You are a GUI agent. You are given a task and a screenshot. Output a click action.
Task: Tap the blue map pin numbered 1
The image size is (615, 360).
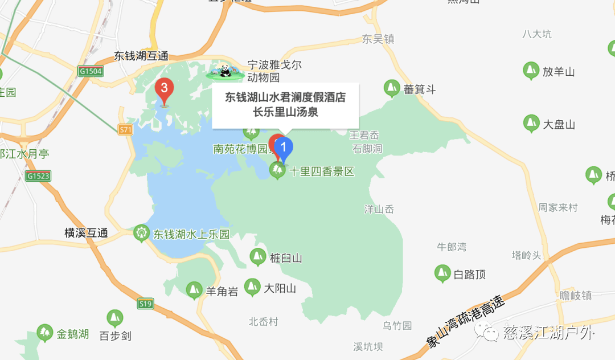(x=284, y=148)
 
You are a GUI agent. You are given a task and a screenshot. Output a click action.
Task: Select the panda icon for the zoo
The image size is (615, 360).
(x=225, y=71)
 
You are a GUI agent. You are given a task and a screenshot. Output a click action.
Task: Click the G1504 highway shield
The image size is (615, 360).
(x=91, y=71)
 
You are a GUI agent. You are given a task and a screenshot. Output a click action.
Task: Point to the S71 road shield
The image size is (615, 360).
(x=126, y=130)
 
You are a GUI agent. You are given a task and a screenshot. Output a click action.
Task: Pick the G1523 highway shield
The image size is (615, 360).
(x=39, y=176)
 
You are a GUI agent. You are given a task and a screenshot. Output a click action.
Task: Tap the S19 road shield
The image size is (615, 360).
(x=146, y=304)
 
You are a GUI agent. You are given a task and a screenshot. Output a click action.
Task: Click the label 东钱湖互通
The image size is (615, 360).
(x=141, y=56)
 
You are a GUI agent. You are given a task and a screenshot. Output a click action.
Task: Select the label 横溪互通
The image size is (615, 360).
(x=86, y=233)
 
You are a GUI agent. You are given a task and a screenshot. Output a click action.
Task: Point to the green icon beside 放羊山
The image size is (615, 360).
(x=531, y=71)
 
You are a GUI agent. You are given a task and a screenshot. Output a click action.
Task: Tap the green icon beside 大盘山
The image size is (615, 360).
(x=531, y=124)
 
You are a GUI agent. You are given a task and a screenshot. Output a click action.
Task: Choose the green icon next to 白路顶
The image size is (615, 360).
(x=442, y=274)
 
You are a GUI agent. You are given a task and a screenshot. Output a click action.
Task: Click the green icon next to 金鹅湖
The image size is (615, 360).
(x=44, y=333)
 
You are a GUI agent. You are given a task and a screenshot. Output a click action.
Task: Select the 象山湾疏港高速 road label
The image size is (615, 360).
(x=465, y=322)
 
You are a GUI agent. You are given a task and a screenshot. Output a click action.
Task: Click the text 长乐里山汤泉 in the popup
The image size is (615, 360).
(x=285, y=112)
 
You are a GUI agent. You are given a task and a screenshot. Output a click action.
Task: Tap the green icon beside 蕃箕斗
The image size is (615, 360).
(x=391, y=88)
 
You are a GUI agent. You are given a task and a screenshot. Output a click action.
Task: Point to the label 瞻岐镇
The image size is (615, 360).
(x=576, y=295)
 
